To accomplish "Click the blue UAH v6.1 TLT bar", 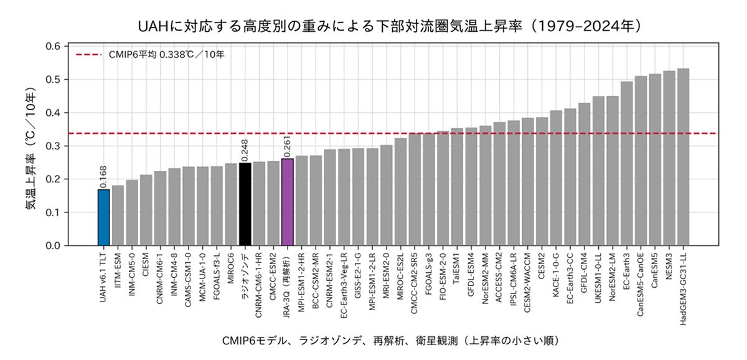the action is click(x=103, y=217).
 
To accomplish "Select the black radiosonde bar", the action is click(x=245, y=204).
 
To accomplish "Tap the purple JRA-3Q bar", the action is click(x=287, y=202).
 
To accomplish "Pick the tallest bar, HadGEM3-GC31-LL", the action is click(x=683, y=157).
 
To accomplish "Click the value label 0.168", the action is click(x=103, y=177).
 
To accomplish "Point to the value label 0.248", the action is click(x=245, y=150).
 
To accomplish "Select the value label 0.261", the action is click(x=287, y=146).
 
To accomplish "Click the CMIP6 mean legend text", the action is click(x=166, y=54).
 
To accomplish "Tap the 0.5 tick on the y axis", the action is click(x=53, y=79).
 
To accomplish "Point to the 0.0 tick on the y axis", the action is click(x=53, y=246).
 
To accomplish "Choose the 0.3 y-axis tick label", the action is click(x=53, y=146).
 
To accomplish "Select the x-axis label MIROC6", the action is click(x=231, y=268).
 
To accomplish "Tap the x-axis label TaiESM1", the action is click(x=457, y=268).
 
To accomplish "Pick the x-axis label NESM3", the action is click(x=669, y=266).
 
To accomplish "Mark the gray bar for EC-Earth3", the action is click(x=627, y=163).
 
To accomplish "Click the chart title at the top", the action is click(x=390, y=26).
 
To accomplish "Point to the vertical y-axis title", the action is click(x=31, y=148).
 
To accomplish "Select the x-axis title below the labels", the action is click(x=391, y=341).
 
